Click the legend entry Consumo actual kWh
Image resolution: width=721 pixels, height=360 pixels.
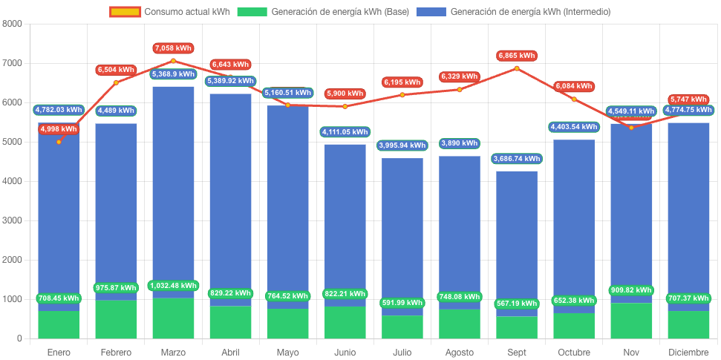[169, 12]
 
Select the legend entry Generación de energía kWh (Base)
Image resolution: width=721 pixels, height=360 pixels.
[324, 12]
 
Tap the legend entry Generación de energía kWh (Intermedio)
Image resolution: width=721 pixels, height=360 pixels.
[513, 12]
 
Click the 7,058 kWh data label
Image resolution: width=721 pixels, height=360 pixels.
[173, 48]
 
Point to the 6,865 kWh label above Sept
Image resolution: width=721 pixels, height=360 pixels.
[517, 56]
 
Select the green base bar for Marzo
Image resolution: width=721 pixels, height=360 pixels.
[173, 318]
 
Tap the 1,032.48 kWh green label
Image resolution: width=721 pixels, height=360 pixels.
[173, 286]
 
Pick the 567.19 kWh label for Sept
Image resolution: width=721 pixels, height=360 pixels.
[517, 304]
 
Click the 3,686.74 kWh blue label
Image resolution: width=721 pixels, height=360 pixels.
[517, 159]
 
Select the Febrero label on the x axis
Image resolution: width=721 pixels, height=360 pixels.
[116, 352]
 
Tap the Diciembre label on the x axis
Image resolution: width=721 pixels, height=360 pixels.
[688, 352]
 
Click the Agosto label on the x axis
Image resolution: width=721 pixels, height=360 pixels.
[460, 352]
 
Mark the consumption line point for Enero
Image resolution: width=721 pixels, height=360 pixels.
[59, 142]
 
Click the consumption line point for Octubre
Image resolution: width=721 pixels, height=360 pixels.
[574, 99]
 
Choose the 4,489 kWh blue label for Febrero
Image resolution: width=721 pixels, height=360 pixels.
[116, 111]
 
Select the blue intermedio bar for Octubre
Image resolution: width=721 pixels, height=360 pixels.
[574, 223]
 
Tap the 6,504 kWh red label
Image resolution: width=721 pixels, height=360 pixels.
[116, 70]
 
